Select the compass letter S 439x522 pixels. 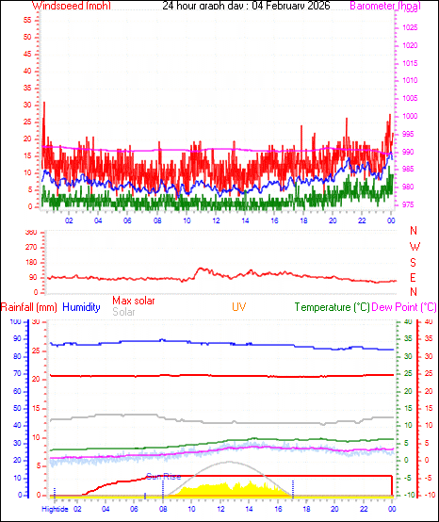click(415, 263)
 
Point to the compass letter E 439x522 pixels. click(415, 279)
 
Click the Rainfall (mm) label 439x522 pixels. click(28, 307)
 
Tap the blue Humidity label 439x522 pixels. click(81, 307)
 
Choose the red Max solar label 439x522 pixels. click(134, 301)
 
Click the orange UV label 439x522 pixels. click(239, 307)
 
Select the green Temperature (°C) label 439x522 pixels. click(330, 307)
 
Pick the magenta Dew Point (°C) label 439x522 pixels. click(404, 307)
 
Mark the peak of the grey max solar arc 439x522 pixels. click(229, 462)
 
